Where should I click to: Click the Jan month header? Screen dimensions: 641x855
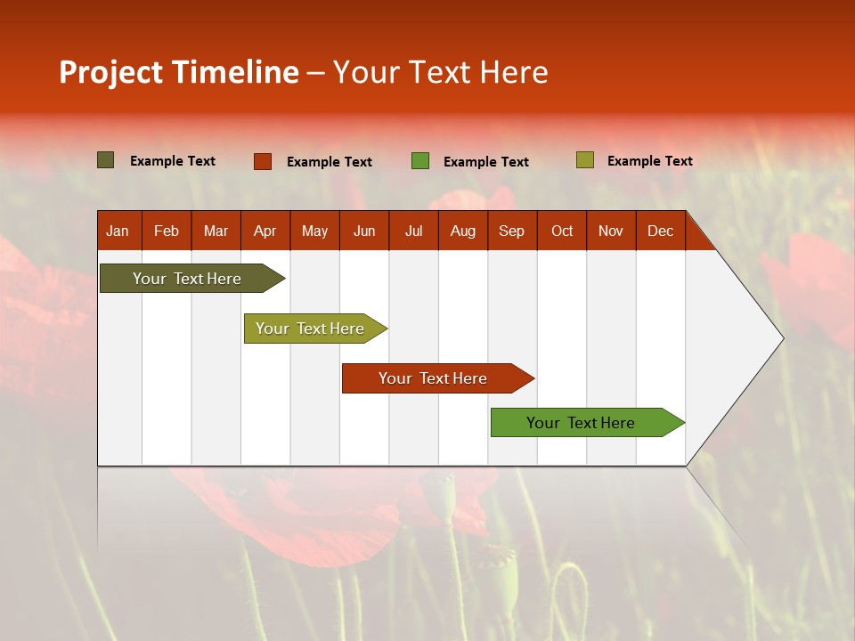pyautogui.click(x=118, y=231)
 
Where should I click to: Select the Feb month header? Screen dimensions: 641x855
pyautogui.click(x=167, y=231)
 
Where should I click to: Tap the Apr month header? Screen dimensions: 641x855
pyautogui.click(x=265, y=231)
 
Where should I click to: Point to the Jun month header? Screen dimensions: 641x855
pyautogui.click(x=364, y=231)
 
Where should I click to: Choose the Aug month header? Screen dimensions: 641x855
pyautogui.click(x=463, y=231)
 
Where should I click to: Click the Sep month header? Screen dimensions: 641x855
pyautogui.click(x=512, y=231)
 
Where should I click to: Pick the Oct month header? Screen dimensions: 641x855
pyautogui.click(x=562, y=231)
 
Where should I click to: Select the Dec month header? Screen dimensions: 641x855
pyautogui.click(x=661, y=231)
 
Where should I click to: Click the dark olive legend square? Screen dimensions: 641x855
pyautogui.click(x=106, y=160)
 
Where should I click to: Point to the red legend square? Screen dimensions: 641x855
pyautogui.click(x=263, y=161)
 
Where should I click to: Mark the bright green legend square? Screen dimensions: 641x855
pyautogui.click(x=420, y=161)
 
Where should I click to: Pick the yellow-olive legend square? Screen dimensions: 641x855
pyautogui.click(x=584, y=160)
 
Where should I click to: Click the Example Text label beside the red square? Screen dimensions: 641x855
pyautogui.click(x=330, y=162)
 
